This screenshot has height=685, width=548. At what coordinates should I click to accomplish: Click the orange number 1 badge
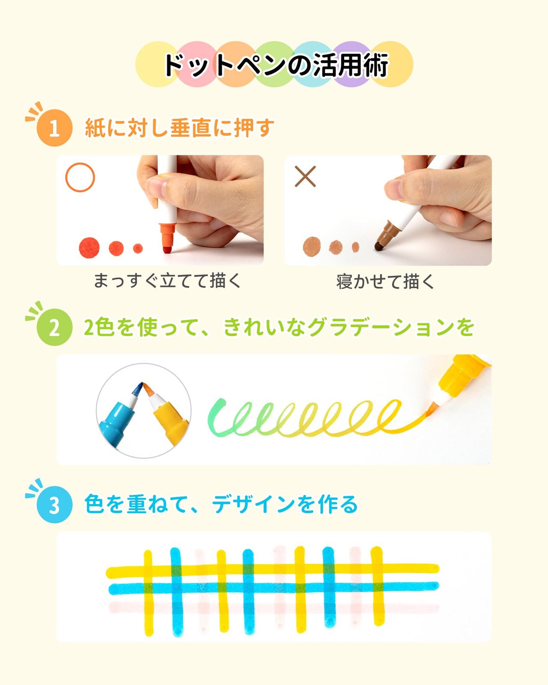pyautogui.click(x=54, y=128)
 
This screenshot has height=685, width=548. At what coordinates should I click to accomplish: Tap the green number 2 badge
pyautogui.click(x=54, y=327)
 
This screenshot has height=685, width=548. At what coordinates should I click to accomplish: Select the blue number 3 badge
pyautogui.click(x=54, y=504)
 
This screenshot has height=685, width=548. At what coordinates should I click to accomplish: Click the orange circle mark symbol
pyautogui.click(x=80, y=177)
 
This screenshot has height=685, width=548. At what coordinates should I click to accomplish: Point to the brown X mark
pyautogui.click(x=305, y=176)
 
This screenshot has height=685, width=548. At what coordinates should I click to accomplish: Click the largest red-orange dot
pyautogui.click(x=89, y=247)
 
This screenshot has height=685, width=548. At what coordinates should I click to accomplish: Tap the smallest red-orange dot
pyautogui.click(x=137, y=248)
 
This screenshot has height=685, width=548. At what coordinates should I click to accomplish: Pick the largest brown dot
pyautogui.click(x=312, y=246)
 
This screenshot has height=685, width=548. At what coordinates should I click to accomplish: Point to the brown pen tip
pyautogui.click(x=378, y=246)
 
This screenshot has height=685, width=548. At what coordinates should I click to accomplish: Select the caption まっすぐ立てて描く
pyautogui.click(x=167, y=281)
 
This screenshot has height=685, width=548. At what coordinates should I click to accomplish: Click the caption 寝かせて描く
pyautogui.click(x=385, y=282)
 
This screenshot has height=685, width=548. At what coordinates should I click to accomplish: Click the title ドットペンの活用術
pyautogui.click(x=276, y=65)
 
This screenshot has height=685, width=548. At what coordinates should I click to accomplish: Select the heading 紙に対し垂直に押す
pyautogui.click(x=179, y=128)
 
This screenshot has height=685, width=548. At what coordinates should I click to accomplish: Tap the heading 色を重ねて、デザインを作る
pyautogui.click(x=221, y=504)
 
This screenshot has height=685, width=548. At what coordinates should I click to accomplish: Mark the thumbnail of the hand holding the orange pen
pyautogui.click(x=160, y=210)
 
